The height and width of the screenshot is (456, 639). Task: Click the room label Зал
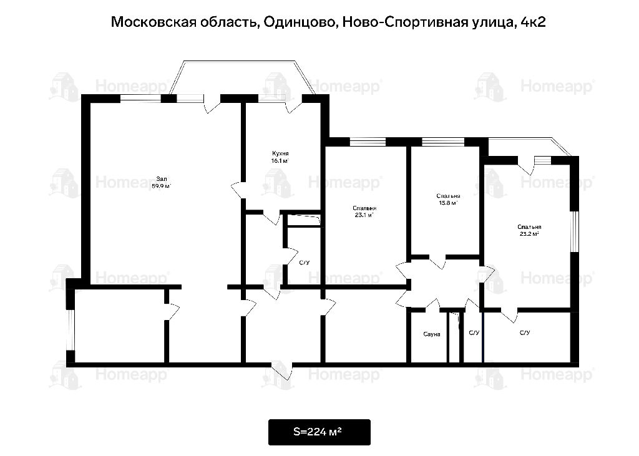click(162, 179)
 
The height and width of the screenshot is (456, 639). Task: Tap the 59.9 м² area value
click(162, 187)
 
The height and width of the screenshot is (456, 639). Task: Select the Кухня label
click(280, 153)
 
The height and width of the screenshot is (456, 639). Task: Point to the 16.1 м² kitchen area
click(280, 161)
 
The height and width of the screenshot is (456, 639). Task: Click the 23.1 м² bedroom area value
click(364, 216)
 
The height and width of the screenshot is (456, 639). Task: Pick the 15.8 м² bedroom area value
click(448, 203)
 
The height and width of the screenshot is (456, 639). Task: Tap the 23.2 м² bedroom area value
click(529, 235)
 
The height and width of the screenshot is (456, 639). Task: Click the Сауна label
click(432, 334)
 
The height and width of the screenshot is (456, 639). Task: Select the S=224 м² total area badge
click(319, 432)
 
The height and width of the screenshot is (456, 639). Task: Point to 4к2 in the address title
click(533, 22)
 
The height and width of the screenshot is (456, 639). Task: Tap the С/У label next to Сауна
click(474, 333)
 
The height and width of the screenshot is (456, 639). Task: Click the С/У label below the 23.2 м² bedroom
click(525, 333)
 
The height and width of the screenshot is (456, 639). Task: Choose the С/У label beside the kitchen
click(304, 263)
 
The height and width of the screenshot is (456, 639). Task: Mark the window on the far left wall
click(71, 330)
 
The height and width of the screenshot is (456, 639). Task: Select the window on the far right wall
click(574, 231)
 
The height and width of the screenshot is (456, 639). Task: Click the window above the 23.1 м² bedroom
click(368, 142)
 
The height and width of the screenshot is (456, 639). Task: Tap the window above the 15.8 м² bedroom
click(443, 142)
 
